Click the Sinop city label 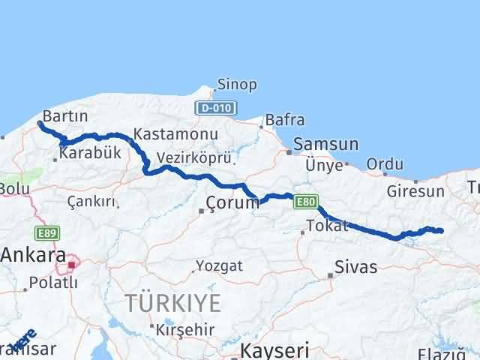[x=236, y=84]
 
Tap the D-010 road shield [x=211, y=108]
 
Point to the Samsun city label [x=326, y=144]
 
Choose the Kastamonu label [x=175, y=134]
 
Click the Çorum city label [x=232, y=202]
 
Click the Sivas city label [x=355, y=267]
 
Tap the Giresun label [x=415, y=191]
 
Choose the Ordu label [x=385, y=164]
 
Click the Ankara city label [x=33, y=254]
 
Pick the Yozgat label [x=219, y=265]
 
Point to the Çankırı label [x=91, y=201]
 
